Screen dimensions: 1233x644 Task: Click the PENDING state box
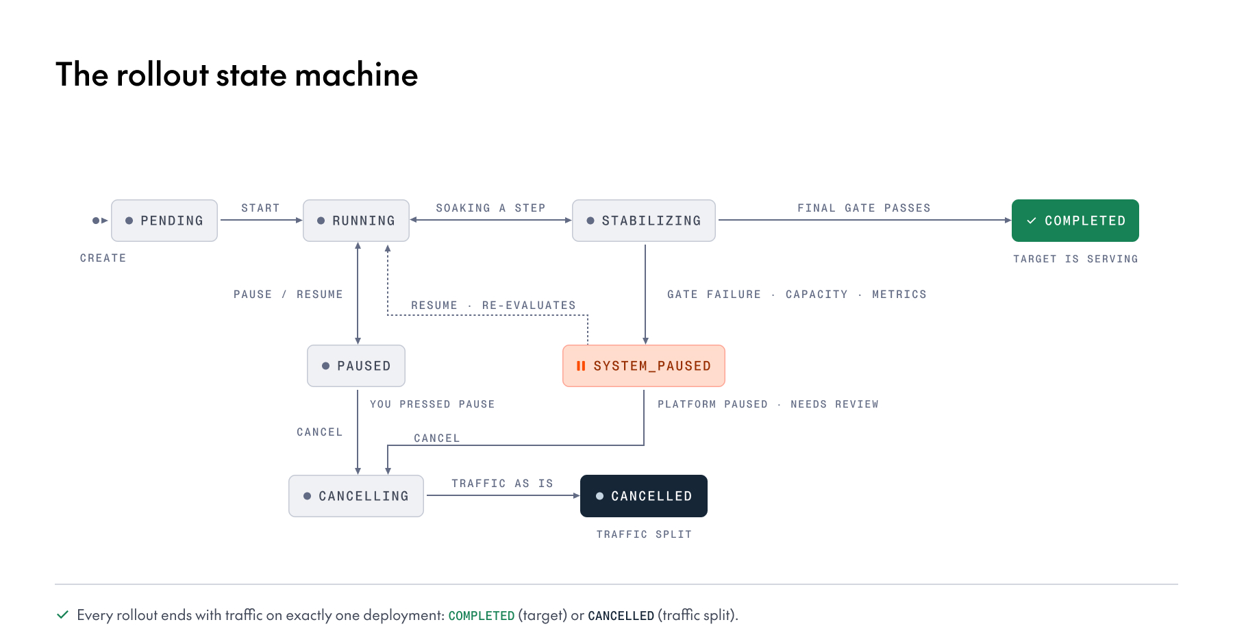click(164, 221)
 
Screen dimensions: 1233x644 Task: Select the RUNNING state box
click(356, 221)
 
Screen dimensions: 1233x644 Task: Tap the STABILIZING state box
click(644, 221)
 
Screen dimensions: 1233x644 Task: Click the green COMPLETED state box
click(1075, 221)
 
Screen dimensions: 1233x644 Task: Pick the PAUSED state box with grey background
click(356, 366)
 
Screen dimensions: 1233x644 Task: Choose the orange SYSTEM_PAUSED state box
click(644, 366)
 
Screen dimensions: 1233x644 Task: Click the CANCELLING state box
click(356, 496)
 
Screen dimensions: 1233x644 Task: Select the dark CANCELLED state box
click(644, 496)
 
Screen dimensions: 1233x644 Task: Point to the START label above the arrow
click(260, 208)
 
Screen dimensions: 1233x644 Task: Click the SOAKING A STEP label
click(490, 208)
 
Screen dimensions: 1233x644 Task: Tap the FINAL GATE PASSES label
click(864, 208)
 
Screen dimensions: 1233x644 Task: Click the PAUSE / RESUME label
click(288, 294)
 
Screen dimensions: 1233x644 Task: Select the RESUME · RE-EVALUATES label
click(493, 305)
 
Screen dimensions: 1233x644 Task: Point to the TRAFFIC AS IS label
click(502, 483)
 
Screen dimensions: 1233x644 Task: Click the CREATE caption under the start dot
click(103, 258)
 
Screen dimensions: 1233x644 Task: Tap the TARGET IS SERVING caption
click(1075, 258)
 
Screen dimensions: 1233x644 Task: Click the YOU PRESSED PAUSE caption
click(432, 404)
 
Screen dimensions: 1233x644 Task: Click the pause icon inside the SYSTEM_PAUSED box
click(581, 366)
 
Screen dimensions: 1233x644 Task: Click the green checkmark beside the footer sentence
click(62, 615)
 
